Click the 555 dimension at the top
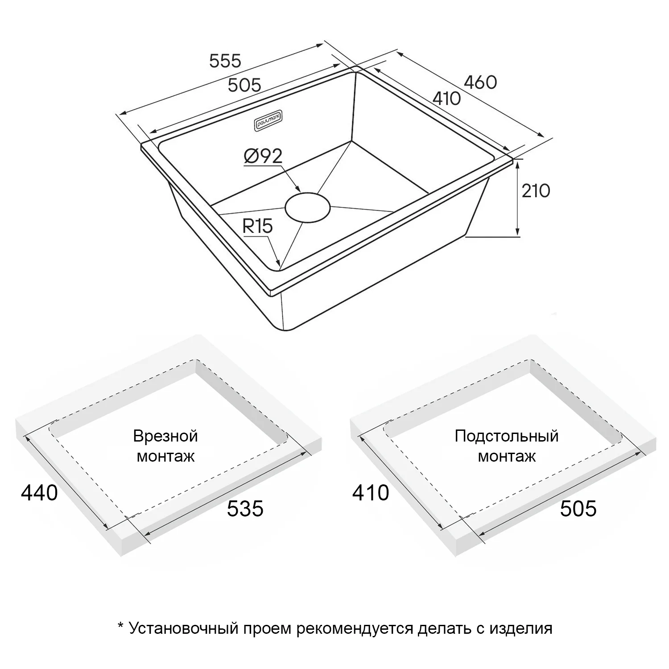[x=225, y=61]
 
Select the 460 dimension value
[x=480, y=82]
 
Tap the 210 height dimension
[x=536, y=191]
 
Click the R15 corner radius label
[x=257, y=227]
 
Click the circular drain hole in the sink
[x=308, y=207]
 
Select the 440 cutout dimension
[x=39, y=493]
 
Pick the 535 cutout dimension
[x=245, y=508]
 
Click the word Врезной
[x=165, y=436]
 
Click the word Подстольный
[x=507, y=436]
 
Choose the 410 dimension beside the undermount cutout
[x=371, y=493]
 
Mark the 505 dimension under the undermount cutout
[x=578, y=508]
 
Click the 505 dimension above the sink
[x=244, y=85]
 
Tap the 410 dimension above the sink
[x=446, y=98]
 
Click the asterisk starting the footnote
[x=120, y=627]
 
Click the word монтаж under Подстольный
[x=507, y=457]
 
